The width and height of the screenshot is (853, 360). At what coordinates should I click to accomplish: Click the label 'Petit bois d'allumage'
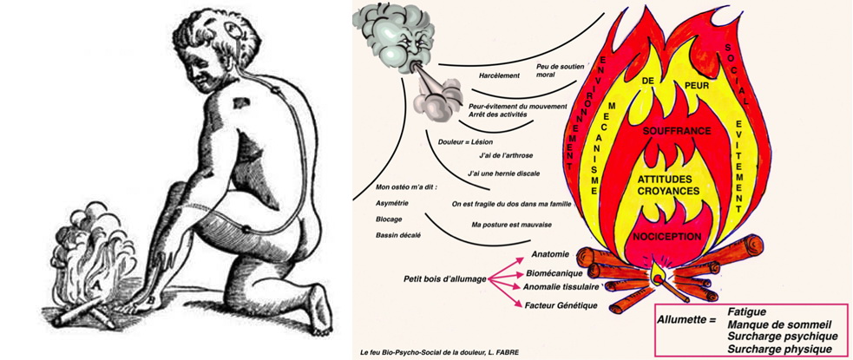(x=443, y=279)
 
